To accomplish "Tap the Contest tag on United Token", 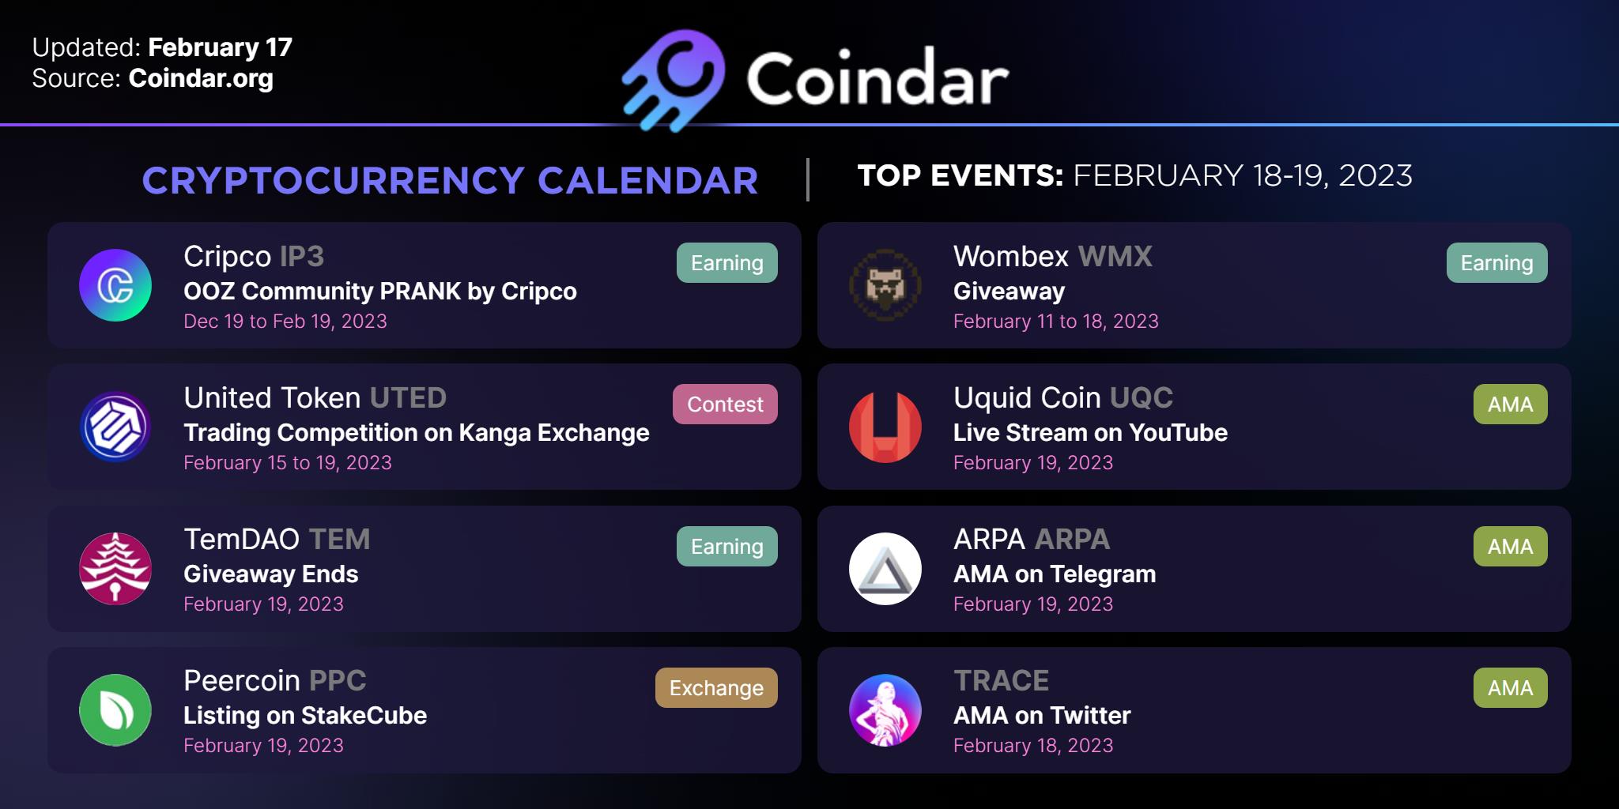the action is [725, 404].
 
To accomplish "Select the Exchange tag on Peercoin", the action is [716, 688].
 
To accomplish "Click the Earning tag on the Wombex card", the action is [1496, 263].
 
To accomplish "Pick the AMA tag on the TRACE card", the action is [1510, 688].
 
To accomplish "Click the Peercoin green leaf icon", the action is [115, 710].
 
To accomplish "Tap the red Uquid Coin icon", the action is [885, 427].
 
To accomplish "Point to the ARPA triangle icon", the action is [885, 569].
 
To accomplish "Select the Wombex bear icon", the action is [885, 285].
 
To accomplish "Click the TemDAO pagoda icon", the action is [115, 569].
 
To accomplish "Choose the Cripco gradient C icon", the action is [115, 285].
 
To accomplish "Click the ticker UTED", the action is [408, 398].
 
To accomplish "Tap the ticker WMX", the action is [1115, 257].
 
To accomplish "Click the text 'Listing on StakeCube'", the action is [305, 716].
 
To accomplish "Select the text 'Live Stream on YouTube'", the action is [1090, 433].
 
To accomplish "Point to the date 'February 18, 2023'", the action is [1033, 746].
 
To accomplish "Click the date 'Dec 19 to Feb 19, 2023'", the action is [285, 322].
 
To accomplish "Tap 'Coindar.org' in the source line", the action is [201, 79].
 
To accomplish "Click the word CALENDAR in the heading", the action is [648, 181].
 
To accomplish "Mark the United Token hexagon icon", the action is [115, 427].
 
